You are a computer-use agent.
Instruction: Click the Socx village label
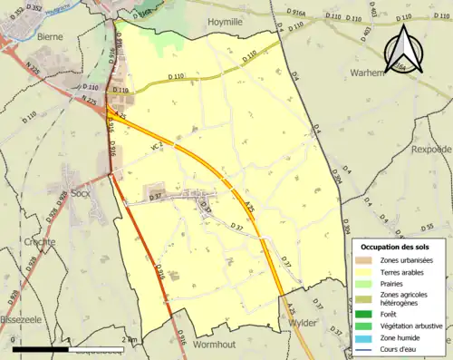[82, 194]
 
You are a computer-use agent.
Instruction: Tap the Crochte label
[39, 242]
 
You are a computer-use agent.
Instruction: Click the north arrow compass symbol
[401, 52]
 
